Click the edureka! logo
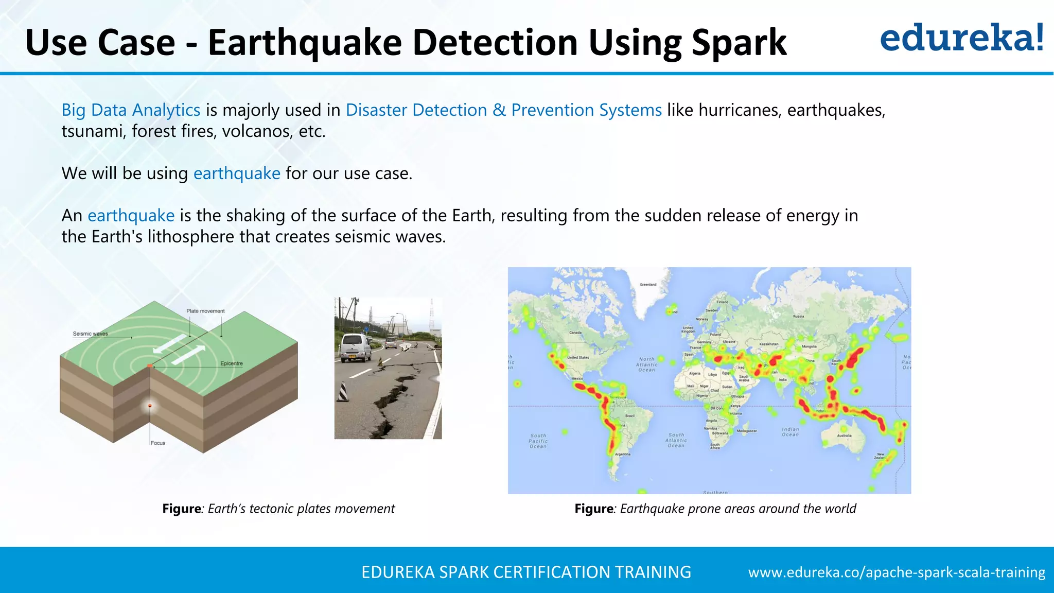tap(961, 38)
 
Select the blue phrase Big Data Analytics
tap(131, 110)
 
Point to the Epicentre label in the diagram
tap(231, 363)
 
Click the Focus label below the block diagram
tap(158, 443)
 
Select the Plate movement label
tap(205, 311)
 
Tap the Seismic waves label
tap(91, 334)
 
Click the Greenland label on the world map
tap(648, 285)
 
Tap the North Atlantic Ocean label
tap(647, 364)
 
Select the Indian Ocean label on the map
tap(790, 432)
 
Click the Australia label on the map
tap(844, 435)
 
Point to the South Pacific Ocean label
tap(538, 441)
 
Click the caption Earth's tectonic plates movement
tap(301, 509)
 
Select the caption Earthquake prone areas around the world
tap(737, 509)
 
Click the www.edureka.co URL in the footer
tap(897, 572)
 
